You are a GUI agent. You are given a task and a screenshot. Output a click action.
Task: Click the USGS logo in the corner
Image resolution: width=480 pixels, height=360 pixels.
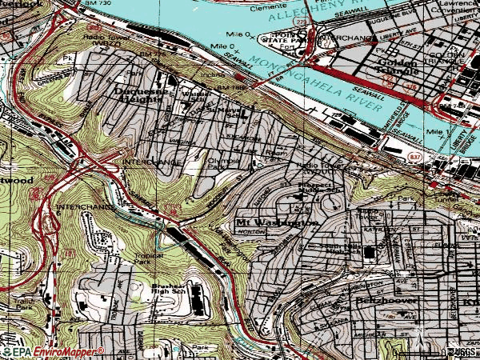pos(459,352)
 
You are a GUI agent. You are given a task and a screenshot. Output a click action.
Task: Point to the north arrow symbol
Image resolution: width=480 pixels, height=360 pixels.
pos(417,335)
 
